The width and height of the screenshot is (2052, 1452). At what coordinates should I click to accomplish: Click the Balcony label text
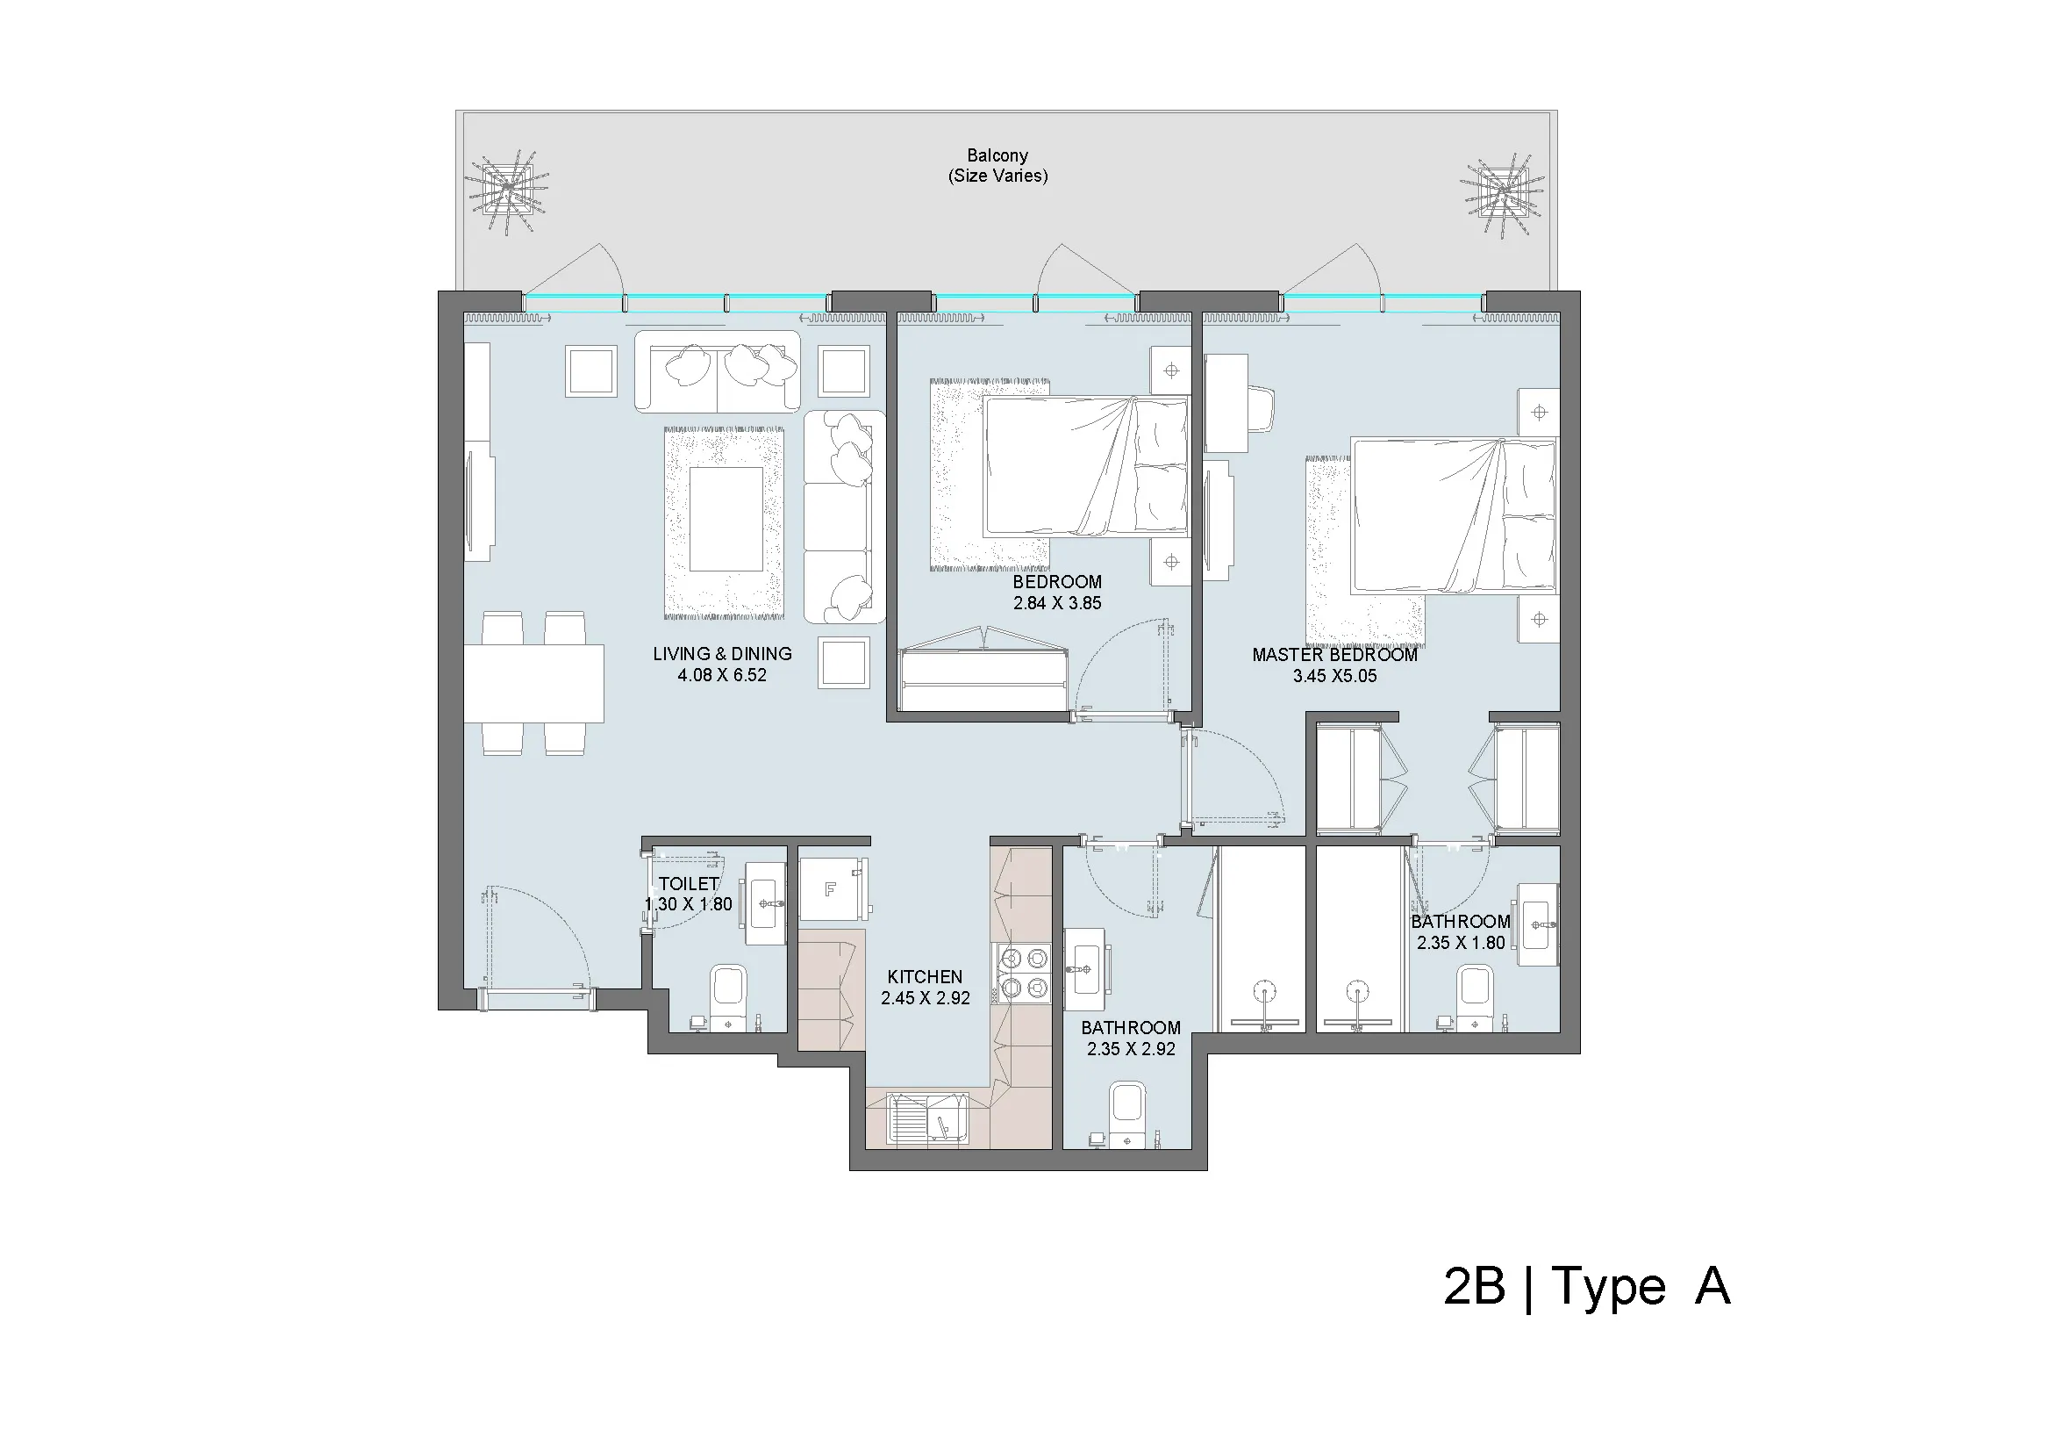997,155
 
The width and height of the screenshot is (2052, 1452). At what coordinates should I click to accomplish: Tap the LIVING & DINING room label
722,654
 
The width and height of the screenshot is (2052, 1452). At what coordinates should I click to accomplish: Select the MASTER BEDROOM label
1334,655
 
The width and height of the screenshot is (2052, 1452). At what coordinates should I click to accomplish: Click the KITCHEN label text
925,976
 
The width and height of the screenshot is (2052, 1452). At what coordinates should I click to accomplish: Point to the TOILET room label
689,883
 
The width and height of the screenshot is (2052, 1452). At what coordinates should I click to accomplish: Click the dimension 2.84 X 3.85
1057,603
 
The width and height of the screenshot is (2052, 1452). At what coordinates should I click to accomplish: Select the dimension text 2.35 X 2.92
1132,1049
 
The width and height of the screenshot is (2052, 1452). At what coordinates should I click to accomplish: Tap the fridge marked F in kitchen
833,888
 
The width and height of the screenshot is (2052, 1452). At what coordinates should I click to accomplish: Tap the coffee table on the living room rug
726,520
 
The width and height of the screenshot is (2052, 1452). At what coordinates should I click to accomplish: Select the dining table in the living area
533,683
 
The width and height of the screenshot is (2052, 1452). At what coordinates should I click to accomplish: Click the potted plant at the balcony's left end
507,192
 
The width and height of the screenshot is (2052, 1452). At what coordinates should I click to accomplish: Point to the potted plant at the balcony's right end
1502,194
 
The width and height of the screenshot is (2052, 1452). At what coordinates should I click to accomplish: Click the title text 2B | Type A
1586,1288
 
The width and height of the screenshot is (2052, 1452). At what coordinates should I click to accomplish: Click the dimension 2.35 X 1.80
1461,942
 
